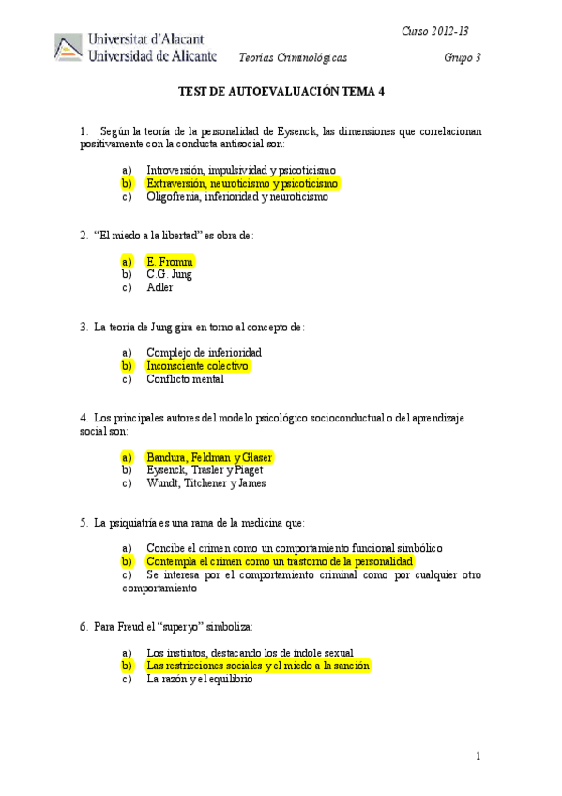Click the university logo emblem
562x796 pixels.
point(68,48)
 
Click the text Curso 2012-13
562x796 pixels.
point(435,32)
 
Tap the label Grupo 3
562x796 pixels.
point(463,58)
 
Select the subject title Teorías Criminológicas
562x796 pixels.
point(293,58)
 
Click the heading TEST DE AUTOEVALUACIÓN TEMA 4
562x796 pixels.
point(281,93)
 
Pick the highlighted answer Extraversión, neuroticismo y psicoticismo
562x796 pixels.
point(241,184)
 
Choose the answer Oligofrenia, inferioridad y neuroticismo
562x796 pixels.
point(237,197)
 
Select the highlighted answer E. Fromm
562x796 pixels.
point(170,261)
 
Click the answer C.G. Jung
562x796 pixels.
point(169,274)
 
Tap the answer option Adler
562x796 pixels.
point(159,287)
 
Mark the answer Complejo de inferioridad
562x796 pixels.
point(204,352)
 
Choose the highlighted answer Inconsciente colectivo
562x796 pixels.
point(197,365)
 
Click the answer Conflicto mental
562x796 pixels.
point(185,379)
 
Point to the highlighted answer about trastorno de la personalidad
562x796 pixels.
point(280,561)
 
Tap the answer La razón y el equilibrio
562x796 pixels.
point(200,679)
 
